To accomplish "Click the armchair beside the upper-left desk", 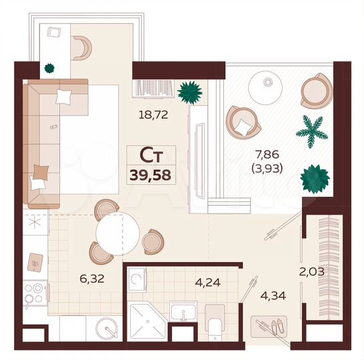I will [82, 47].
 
